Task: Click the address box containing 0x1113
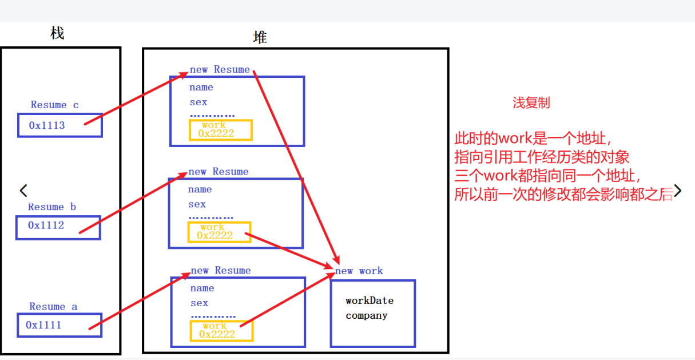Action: (x=59, y=125)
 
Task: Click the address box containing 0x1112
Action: (x=58, y=227)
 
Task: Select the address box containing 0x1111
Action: (x=59, y=325)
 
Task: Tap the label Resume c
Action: (x=54, y=105)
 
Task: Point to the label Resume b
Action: (x=52, y=207)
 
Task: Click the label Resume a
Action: (x=53, y=307)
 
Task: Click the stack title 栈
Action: (x=57, y=33)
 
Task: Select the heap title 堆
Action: (x=260, y=38)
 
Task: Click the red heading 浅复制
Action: (x=531, y=103)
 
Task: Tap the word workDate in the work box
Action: (x=370, y=300)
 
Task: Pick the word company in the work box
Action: (x=366, y=315)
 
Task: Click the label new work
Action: (x=359, y=271)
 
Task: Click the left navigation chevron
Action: (x=23, y=191)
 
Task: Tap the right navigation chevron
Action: (x=677, y=191)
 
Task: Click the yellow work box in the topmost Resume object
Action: (x=220, y=130)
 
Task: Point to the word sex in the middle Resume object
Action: (x=197, y=204)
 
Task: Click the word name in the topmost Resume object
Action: (x=201, y=88)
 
